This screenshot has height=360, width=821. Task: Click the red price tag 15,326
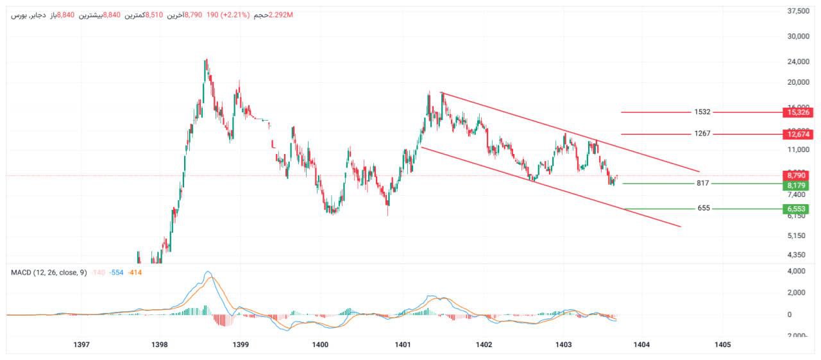[798, 112]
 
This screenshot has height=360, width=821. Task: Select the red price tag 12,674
[798, 134]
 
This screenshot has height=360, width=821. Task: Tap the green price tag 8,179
[797, 185]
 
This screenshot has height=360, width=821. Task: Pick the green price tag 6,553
[797, 209]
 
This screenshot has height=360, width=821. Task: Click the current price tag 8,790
[797, 175]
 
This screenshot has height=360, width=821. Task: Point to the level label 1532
[702, 112]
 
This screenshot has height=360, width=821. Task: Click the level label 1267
[702, 134]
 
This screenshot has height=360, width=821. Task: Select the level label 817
[703, 184]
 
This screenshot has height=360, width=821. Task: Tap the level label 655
[704, 209]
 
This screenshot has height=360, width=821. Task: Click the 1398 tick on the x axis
[160, 345]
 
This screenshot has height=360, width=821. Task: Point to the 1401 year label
[403, 345]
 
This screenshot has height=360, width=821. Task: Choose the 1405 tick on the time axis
[722, 345]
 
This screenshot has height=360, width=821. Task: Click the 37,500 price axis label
[798, 11]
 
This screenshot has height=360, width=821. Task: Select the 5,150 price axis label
[798, 236]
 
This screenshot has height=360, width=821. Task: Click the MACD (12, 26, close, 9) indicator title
[49, 273]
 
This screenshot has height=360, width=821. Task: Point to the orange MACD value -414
[135, 273]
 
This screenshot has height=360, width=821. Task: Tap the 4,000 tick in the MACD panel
[798, 271]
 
